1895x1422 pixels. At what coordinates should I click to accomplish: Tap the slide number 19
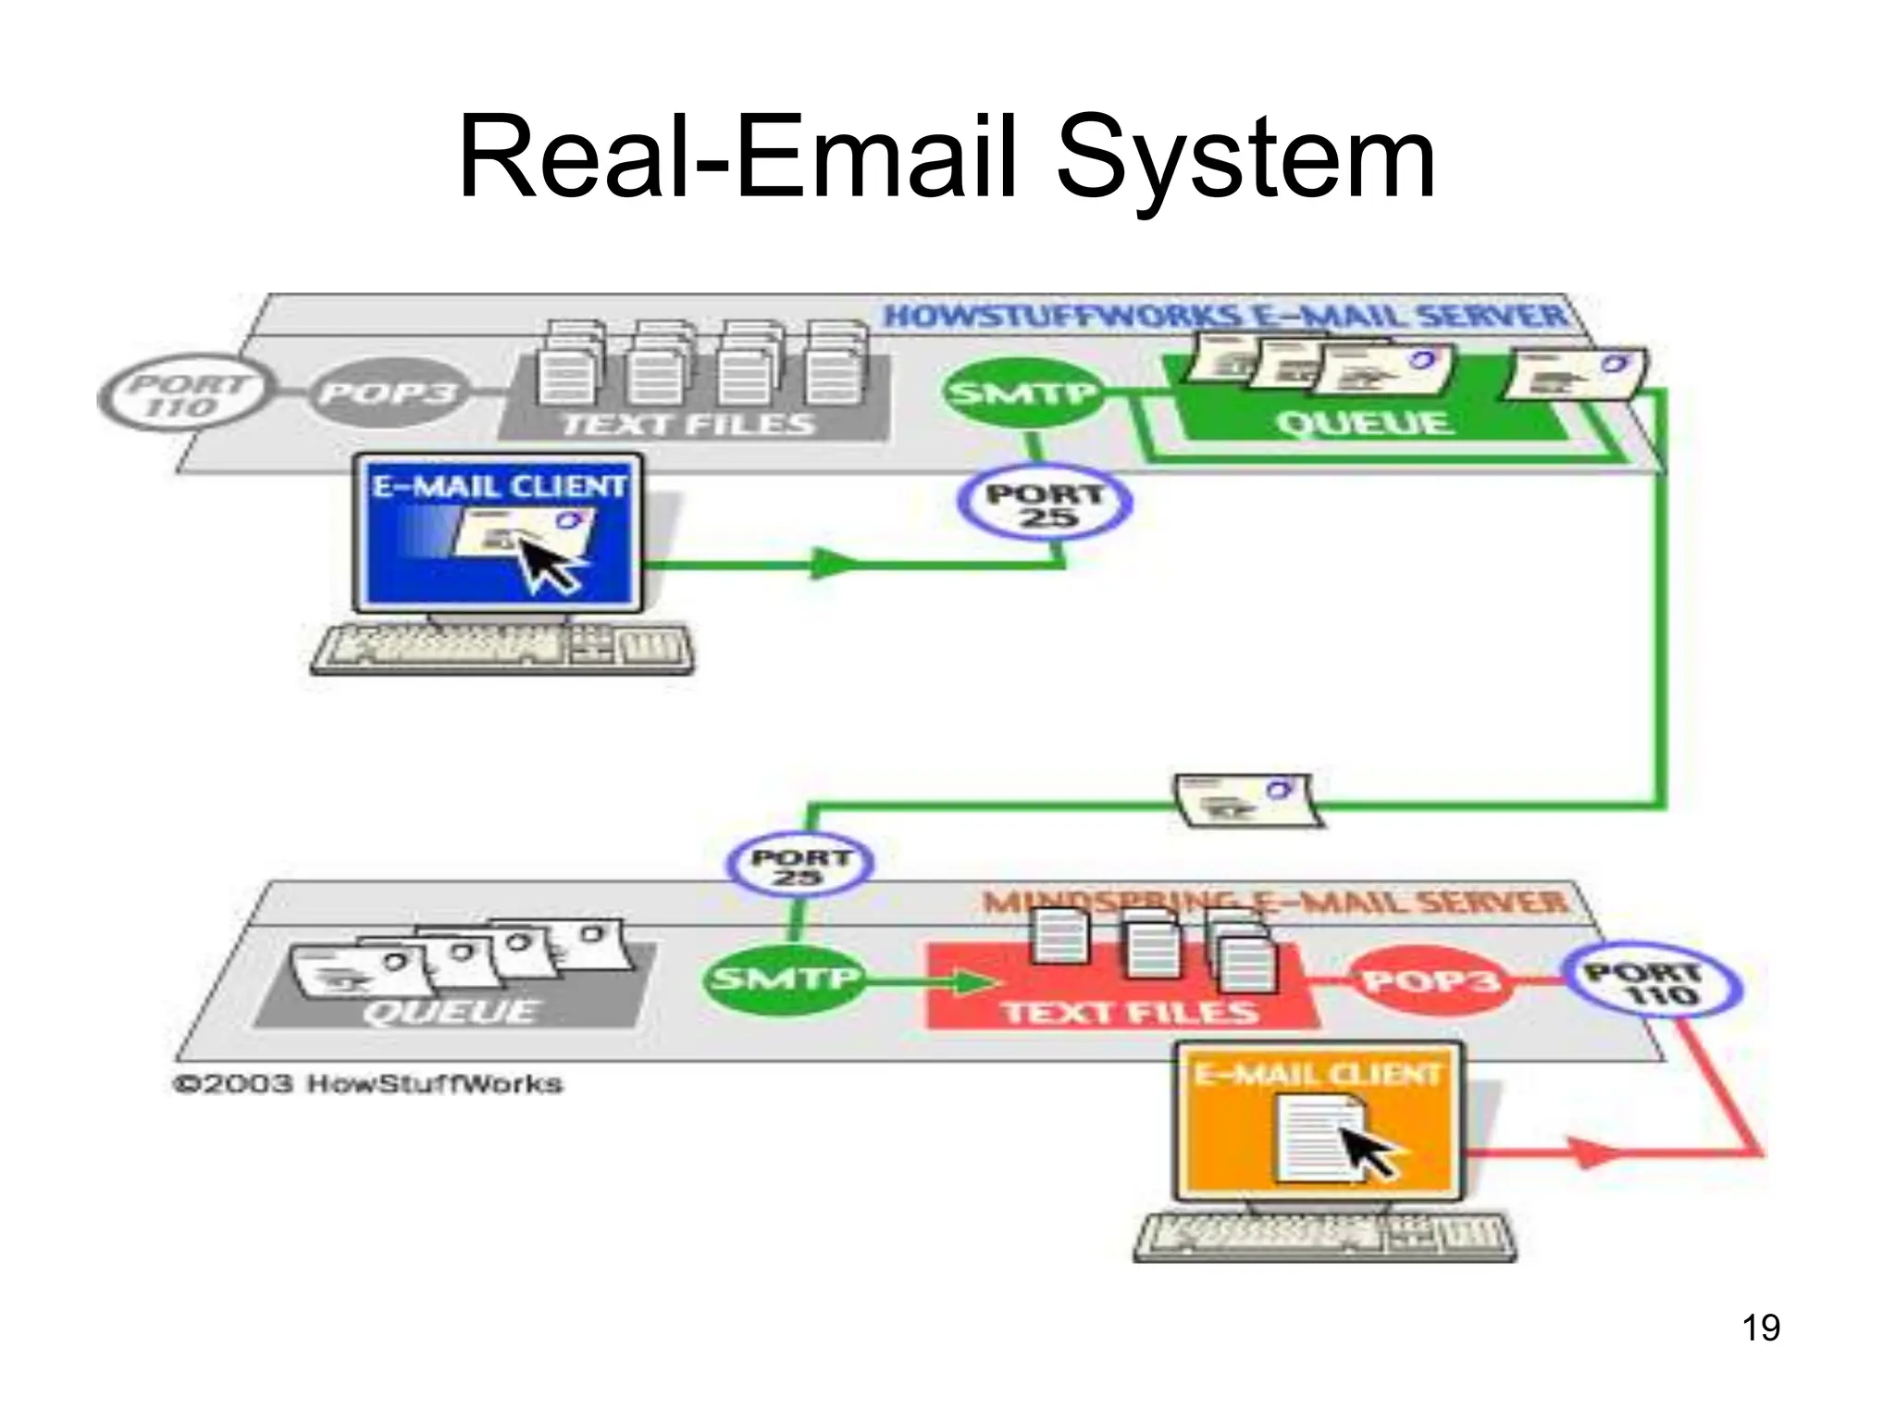1761,1327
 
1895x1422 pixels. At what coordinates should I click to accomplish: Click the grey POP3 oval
387,394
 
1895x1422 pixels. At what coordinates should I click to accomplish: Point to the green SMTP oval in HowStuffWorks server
1022,393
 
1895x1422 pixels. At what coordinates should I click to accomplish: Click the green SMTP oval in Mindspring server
783,979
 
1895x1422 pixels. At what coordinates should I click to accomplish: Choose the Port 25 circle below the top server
1045,505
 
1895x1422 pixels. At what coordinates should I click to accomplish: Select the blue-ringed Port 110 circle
1652,985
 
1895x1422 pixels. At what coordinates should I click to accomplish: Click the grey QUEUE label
450,1010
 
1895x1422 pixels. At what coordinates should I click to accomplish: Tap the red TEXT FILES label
1129,1012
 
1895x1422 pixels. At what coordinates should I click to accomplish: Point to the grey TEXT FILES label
689,425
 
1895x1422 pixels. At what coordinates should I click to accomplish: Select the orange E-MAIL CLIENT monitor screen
1318,1124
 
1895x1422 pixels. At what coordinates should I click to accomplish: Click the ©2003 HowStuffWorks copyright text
368,1083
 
